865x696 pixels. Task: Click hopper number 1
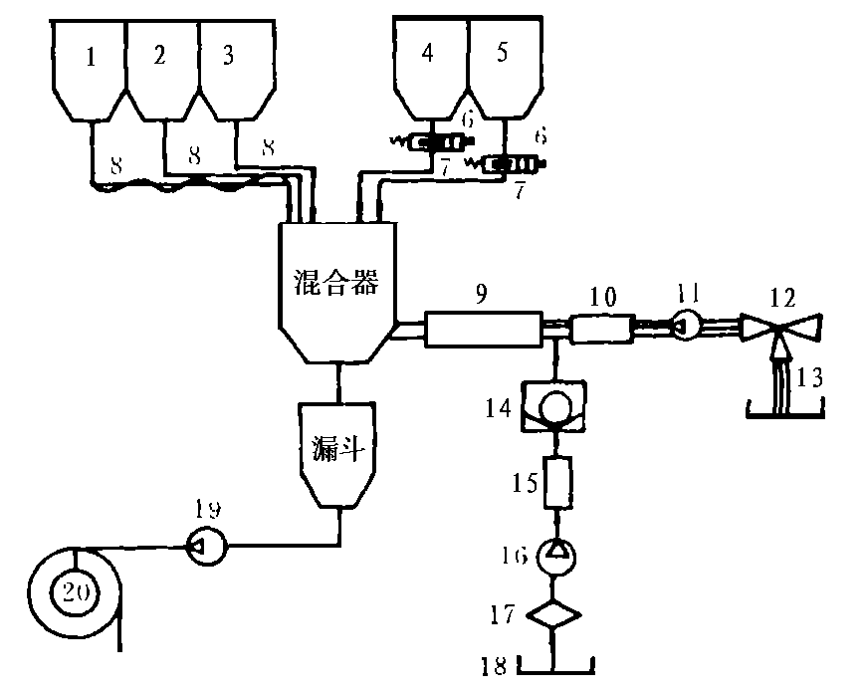(x=90, y=70)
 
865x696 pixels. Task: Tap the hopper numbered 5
(x=502, y=70)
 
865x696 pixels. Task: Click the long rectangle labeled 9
(x=482, y=329)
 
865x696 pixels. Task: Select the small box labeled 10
(x=602, y=329)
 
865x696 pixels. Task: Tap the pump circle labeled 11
(x=687, y=326)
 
